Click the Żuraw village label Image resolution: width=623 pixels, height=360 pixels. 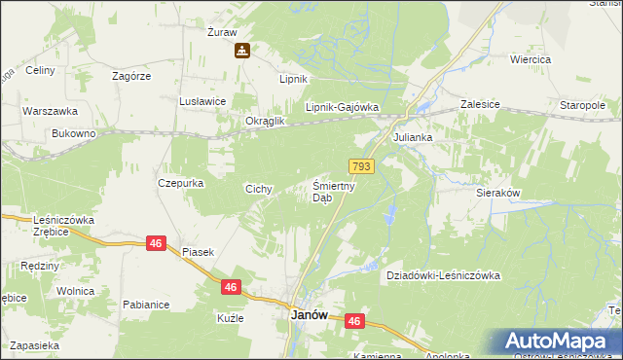click(x=223, y=32)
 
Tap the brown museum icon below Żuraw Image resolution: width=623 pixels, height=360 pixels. click(x=241, y=52)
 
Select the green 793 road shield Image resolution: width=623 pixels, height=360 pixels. click(x=362, y=167)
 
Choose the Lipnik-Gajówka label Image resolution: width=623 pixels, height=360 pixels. click(x=341, y=108)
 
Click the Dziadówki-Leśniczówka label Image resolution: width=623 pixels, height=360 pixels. click(x=443, y=275)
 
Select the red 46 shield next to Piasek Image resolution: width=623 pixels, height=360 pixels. click(x=156, y=243)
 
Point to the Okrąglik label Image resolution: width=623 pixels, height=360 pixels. click(x=264, y=121)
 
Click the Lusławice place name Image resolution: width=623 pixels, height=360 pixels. click(x=203, y=100)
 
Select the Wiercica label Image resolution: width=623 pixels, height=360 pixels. click(x=531, y=59)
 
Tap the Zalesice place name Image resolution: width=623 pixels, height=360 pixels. click(x=480, y=103)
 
